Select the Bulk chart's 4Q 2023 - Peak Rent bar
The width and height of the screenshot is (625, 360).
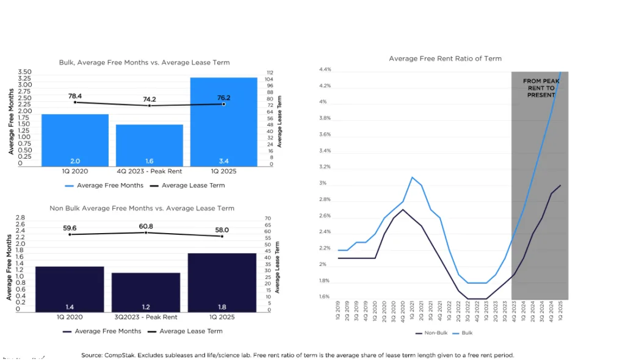tap(149, 145)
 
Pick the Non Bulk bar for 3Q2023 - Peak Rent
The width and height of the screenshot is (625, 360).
tap(146, 292)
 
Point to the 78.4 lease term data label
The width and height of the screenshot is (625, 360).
tap(75, 96)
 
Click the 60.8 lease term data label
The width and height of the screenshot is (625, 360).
tap(146, 226)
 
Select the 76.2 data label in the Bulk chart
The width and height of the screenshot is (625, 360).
tap(223, 98)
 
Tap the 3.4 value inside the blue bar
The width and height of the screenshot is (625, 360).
tap(223, 161)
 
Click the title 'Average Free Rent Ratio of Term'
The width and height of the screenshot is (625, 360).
tap(445, 59)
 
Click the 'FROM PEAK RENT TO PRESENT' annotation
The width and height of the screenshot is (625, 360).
tap(541, 88)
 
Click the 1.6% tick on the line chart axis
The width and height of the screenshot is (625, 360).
tap(324, 297)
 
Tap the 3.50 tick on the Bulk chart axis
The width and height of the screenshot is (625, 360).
tap(25, 72)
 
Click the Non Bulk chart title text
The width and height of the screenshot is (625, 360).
tap(142, 208)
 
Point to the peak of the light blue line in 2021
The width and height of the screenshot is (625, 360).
tap(412, 177)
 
